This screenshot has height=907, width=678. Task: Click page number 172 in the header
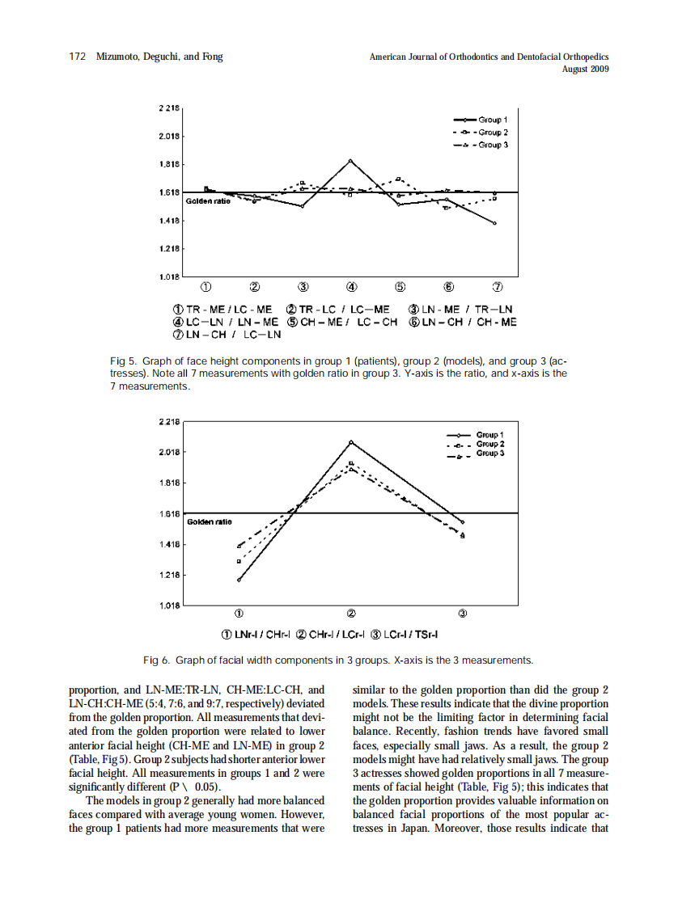point(78,57)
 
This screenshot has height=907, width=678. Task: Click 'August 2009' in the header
point(585,69)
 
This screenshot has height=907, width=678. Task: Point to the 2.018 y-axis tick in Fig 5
point(169,136)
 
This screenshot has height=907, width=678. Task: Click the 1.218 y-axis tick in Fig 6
point(169,575)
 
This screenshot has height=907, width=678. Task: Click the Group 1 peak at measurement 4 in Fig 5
point(350,161)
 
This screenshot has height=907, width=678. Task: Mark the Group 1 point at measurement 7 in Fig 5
point(494,223)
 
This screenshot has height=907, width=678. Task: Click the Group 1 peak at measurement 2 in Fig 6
point(351,442)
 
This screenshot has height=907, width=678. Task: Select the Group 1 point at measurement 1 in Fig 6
point(239,580)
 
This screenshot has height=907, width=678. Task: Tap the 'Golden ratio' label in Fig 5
point(208,200)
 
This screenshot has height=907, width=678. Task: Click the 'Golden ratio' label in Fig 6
point(208,522)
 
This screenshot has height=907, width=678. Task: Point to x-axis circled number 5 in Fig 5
point(400,286)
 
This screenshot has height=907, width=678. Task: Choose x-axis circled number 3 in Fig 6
point(463,613)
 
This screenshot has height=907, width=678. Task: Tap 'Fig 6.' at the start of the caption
point(157,660)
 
